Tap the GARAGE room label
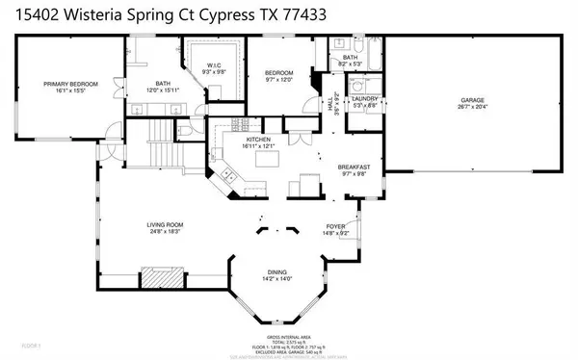[471, 99]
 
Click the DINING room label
[283, 273]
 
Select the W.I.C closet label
[214, 64]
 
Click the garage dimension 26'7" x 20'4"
[471, 106]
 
